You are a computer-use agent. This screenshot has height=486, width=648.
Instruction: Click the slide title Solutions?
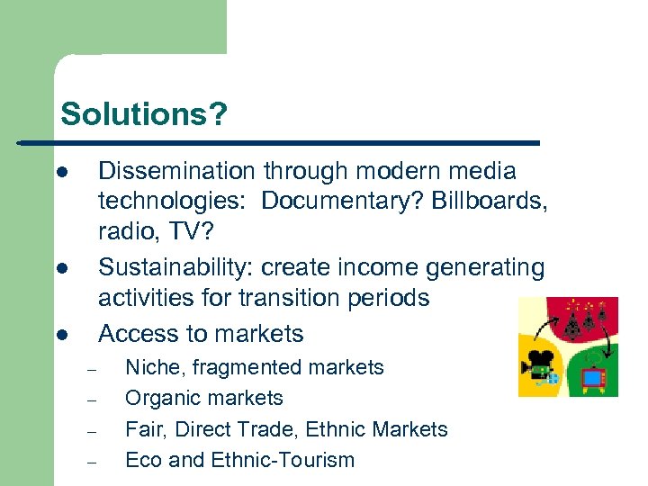144,114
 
